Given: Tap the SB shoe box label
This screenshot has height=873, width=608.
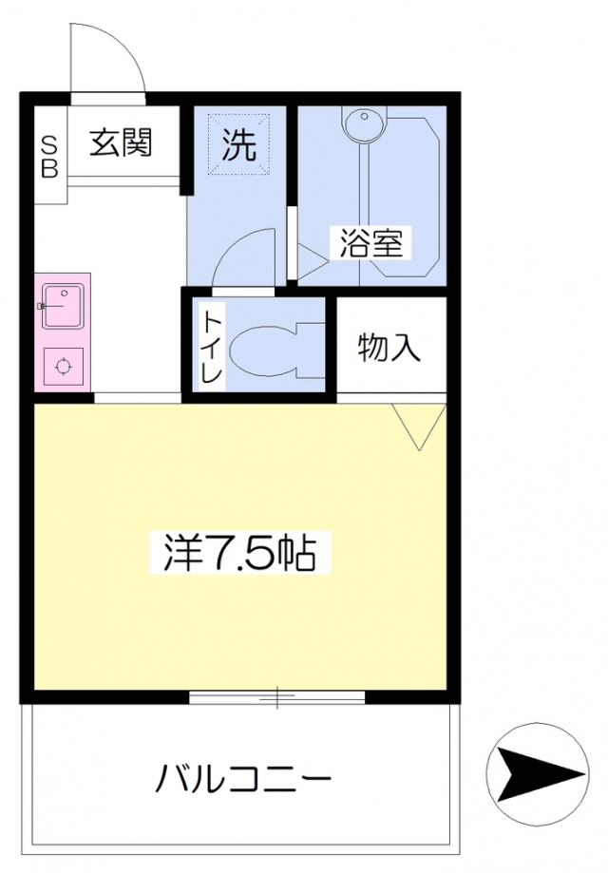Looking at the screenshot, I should pos(49,157).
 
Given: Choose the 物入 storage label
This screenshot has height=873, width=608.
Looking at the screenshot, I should pos(389,349).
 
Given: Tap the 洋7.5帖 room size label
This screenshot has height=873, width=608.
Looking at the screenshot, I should pos(239,553).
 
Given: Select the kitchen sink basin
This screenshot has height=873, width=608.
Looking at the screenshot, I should pos(63,307).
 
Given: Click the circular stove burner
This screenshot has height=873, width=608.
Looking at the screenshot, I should pos(63,366).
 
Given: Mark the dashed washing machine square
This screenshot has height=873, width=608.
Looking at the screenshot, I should pos(238,143).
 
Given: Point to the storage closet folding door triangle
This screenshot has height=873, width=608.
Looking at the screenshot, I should pos(418,423).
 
